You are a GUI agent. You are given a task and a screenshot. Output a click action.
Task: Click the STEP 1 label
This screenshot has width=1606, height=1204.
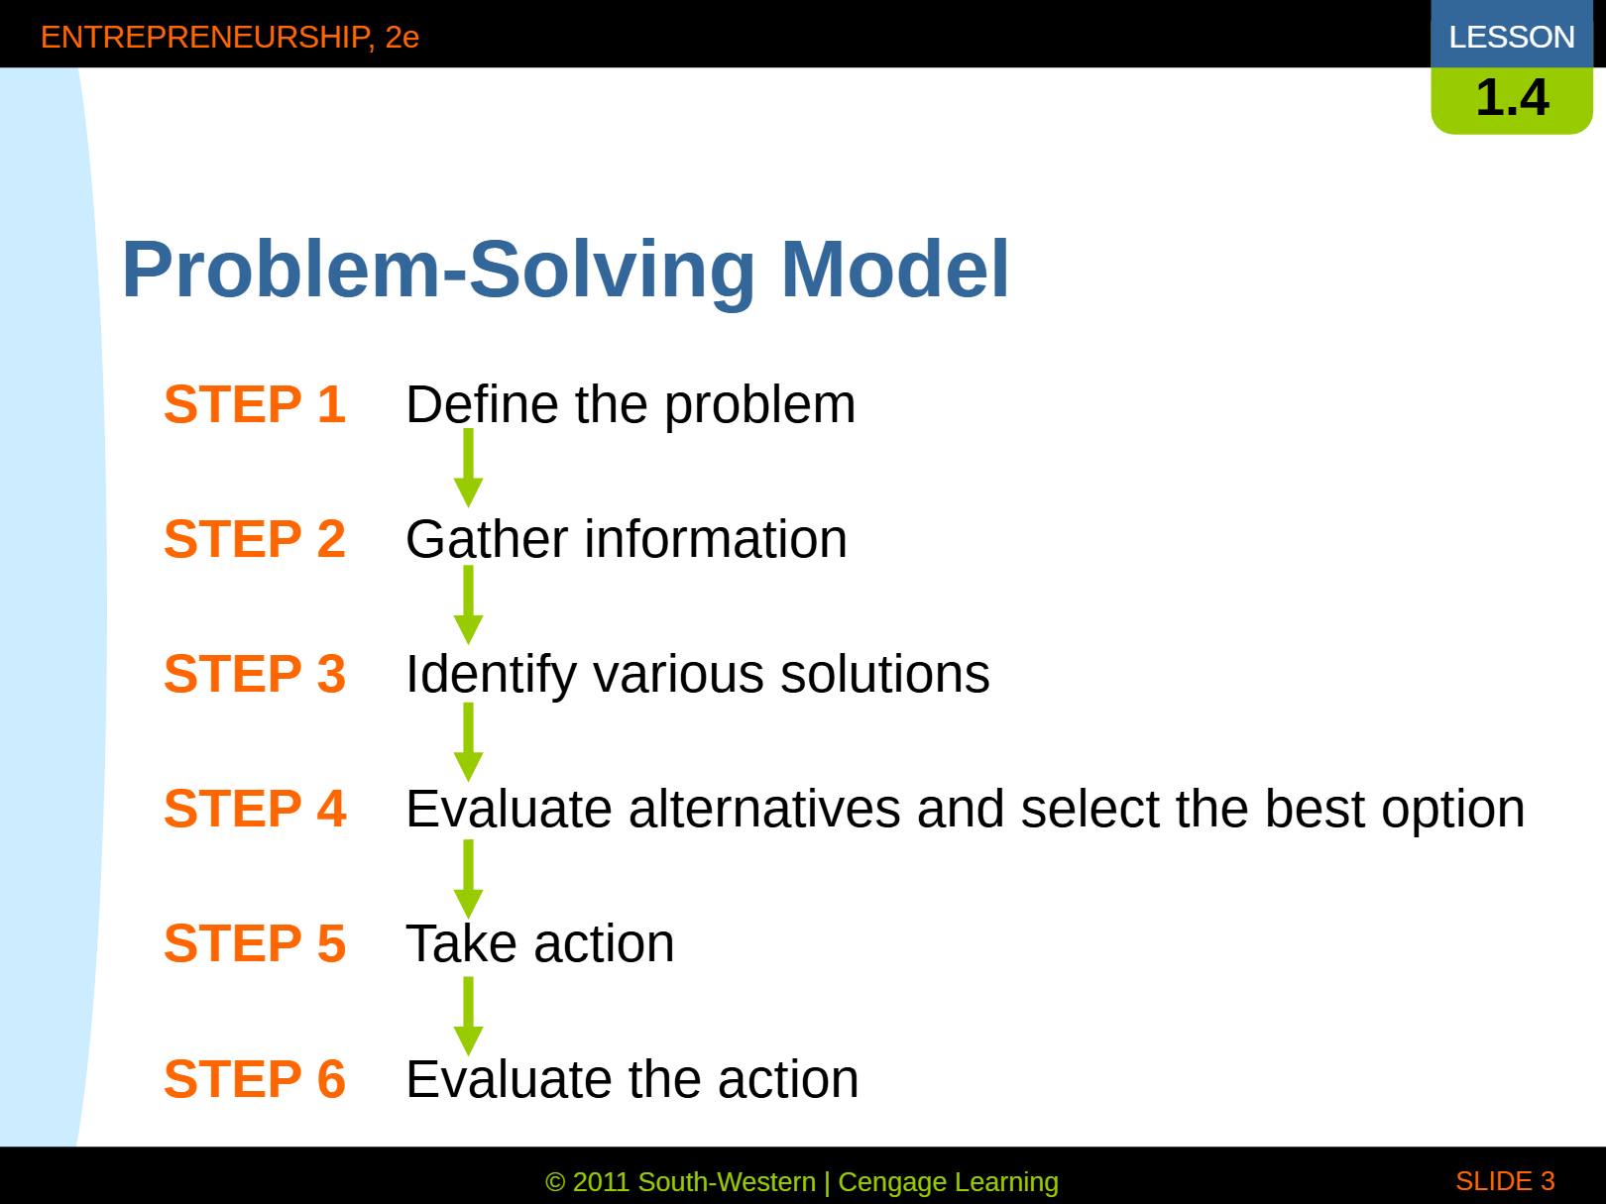(255, 404)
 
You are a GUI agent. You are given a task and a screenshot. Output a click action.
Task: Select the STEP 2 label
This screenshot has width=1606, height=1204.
(255, 539)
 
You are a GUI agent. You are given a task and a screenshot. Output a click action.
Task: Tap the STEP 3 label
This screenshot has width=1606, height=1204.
(255, 673)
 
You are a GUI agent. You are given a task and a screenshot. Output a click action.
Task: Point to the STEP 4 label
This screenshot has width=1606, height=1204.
(255, 809)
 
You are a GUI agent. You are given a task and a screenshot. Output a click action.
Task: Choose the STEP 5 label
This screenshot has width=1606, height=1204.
(255, 943)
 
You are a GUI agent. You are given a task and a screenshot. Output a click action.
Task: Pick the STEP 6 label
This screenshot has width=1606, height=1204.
(255, 1078)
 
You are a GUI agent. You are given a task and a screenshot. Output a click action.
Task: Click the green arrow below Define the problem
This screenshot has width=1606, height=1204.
(468, 468)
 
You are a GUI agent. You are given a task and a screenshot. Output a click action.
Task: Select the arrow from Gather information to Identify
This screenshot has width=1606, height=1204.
(468, 604)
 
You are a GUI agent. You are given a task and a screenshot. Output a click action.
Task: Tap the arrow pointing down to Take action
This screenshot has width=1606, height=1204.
(468, 879)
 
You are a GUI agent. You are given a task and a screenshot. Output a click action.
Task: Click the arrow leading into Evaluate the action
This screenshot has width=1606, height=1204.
(468, 1016)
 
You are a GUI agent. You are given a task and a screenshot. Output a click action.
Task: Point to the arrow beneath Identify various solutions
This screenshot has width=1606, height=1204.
(468, 742)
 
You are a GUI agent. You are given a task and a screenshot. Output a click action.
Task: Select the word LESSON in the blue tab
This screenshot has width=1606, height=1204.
(1512, 37)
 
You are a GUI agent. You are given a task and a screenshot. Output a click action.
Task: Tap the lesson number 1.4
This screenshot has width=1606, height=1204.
(1512, 97)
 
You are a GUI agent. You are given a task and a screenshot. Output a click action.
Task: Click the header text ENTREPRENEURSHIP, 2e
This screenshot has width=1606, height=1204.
(230, 38)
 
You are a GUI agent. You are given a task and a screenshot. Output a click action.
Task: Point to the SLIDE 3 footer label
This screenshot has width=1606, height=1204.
(1505, 1180)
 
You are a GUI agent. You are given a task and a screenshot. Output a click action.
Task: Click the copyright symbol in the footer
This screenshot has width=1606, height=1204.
(555, 1182)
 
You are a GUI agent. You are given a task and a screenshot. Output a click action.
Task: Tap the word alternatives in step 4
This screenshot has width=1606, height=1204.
(764, 809)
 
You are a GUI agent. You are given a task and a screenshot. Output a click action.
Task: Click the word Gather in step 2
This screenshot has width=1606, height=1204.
(488, 539)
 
